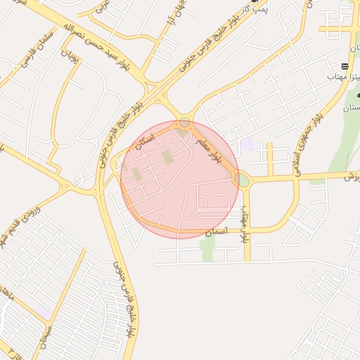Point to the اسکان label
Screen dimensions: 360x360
coord(148,136)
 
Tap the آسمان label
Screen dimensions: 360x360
coord(213,231)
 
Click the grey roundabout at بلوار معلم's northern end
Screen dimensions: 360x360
coord(184,123)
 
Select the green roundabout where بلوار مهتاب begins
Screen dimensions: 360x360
coord(243,181)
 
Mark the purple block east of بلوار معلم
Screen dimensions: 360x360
coord(245,144)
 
